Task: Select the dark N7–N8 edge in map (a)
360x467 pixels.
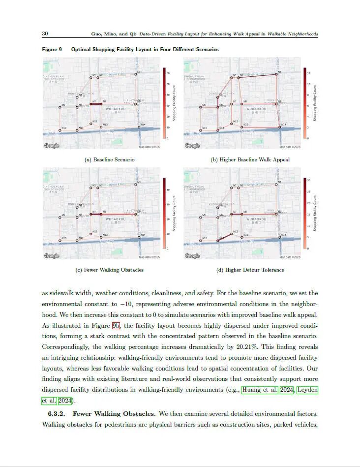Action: [96, 104]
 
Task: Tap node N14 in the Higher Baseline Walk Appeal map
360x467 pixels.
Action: [280, 127]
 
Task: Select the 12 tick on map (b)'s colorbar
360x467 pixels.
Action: [308, 73]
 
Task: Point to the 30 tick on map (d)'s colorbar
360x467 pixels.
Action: [308, 180]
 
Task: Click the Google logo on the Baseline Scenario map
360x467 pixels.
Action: [51, 146]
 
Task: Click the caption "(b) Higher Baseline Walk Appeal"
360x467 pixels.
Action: [250, 159]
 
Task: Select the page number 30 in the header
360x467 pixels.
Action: [45, 34]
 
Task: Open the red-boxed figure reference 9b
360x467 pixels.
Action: [116, 325]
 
